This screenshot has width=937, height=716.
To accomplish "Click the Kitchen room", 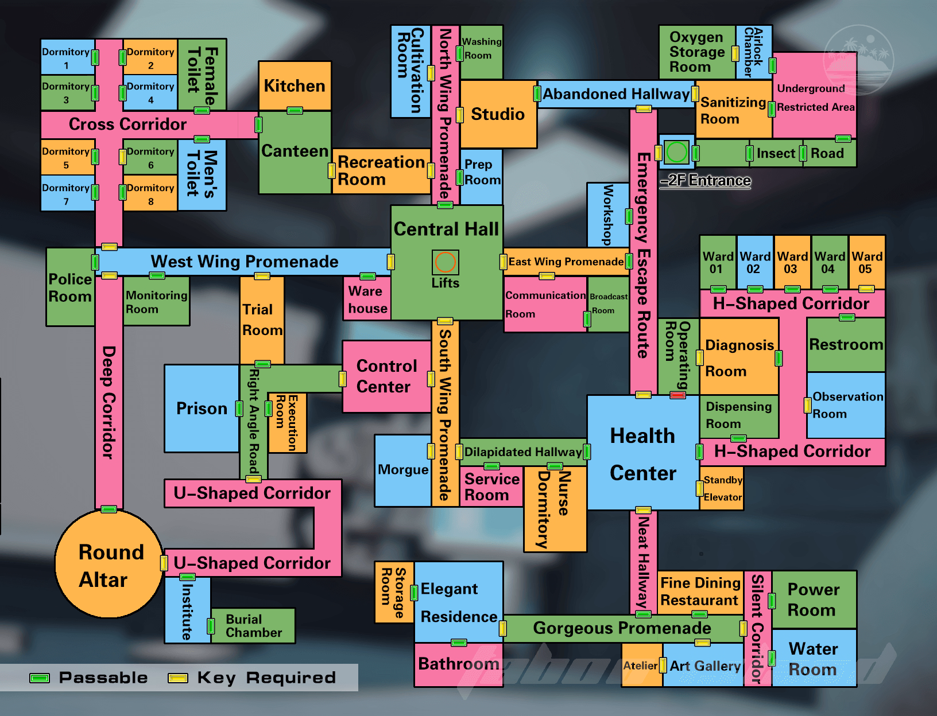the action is (x=295, y=85).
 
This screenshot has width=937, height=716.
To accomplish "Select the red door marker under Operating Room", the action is (x=677, y=395).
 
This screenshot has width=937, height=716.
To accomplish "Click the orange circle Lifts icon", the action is (x=445, y=262).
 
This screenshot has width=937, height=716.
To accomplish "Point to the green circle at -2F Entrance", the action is (x=676, y=152).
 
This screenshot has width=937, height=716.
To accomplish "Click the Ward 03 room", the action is (x=792, y=262).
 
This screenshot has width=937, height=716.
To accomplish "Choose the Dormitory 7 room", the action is (x=67, y=193).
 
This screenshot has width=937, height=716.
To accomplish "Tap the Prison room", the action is (x=202, y=408).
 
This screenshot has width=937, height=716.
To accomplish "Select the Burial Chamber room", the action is (x=254, y=625).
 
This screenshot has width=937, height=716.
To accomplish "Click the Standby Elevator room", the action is (x=722, y=489).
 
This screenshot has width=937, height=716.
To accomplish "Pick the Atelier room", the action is (x=642, y=666).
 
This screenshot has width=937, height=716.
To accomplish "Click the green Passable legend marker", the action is (x=40, y=678).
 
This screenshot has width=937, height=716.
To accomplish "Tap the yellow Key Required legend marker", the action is (x=177, y=678).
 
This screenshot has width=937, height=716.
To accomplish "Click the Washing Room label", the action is (x=482, y=48).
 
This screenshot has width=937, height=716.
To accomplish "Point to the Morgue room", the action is (x=403, y=470).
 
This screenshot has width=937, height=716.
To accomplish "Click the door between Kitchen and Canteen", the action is (x=295, y=111).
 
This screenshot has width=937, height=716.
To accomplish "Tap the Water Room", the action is (x=814, y=658).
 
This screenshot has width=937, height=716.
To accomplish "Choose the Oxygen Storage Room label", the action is (x=696, y=52).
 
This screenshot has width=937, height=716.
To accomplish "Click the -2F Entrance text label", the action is (x=705, y=180).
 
